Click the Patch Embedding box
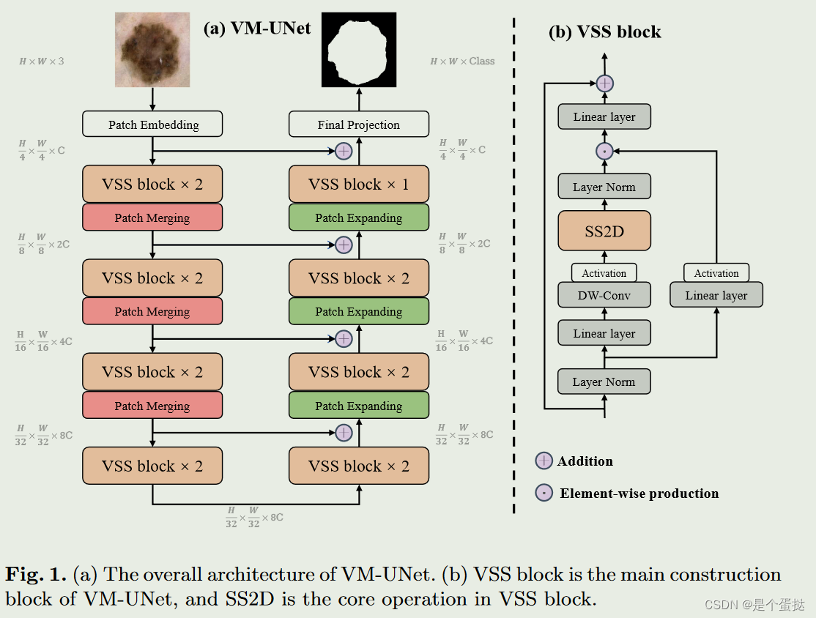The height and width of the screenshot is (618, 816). (x=152, y=124)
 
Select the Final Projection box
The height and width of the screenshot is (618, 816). (x=358, y=124)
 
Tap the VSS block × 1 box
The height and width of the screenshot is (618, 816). (x=358, y=185)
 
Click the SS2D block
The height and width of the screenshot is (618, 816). (x=604, y=231)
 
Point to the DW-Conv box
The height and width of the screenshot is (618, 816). (x=604, y=295)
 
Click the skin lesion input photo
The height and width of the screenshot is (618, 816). (x=152, y=50)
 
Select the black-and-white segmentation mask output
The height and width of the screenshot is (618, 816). (x=359, y=50)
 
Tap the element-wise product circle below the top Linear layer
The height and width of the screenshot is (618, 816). (x=604, y=152)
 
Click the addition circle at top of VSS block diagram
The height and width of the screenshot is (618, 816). (x=604, y=83)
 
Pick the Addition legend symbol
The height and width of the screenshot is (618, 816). (x=544, y=461)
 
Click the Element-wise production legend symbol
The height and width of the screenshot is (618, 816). (x=544, y=493)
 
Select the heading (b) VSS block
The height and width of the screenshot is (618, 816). (x=604, y=32)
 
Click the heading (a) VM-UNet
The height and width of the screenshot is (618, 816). (x=256, y=28)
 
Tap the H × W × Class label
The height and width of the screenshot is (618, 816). (x=462, y=62)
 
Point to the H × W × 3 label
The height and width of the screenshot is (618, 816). (x=41, y=62)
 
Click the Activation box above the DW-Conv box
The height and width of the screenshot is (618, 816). (x=604, y=273)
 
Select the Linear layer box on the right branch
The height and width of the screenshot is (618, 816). (x=716, y=295)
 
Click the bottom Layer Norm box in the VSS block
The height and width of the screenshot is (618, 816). (x=604, y=381)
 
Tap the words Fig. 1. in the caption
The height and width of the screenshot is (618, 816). (x=36, y=574)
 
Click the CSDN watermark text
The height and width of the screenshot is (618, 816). (x=754, y=605)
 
